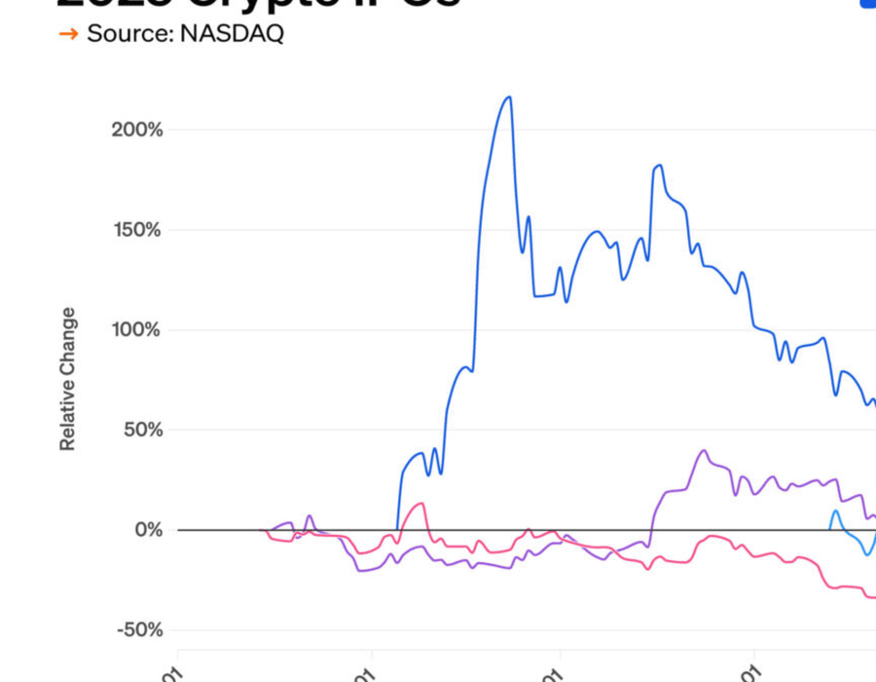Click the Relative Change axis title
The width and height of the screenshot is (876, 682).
click(67, 379)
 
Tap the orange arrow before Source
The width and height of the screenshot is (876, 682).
click(68, 34)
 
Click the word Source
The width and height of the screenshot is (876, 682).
click(125, 33)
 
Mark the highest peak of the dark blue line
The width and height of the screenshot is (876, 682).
click(508, 96)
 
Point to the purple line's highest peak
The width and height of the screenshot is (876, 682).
click(704, 450)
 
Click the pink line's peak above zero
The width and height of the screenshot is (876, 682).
click(420, 504)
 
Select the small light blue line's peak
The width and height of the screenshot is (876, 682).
click(835, 511)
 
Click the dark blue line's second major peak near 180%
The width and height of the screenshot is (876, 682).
click(659, 166)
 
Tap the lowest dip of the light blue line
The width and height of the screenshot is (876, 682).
click(865, 554)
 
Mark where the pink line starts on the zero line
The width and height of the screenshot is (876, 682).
click(267, 530)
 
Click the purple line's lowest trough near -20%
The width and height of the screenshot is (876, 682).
click(362, 570)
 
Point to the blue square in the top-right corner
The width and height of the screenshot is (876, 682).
click(867, 4)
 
